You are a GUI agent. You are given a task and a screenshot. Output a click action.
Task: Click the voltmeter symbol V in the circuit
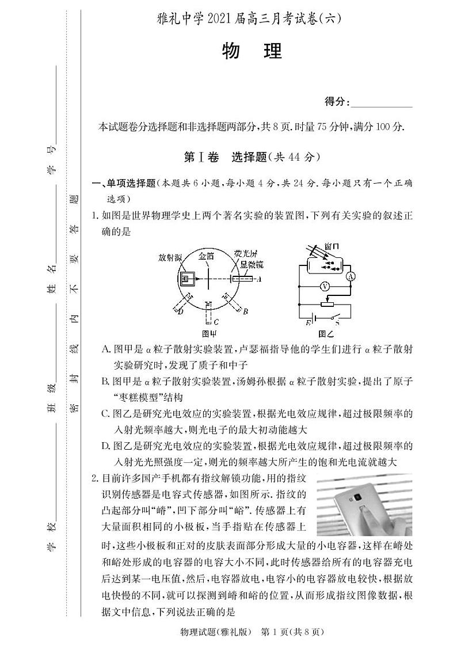(x=324, y=286)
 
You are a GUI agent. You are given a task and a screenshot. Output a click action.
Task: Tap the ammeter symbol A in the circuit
(x=349, y=276)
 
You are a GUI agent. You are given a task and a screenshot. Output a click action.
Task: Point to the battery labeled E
(x=311, y=316)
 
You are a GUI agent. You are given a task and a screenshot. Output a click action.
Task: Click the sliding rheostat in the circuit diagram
(x=329, y=302)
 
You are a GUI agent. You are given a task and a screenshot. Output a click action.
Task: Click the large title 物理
(x=252, y=52)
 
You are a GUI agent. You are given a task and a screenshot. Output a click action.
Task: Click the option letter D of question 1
(x=105, y=446)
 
